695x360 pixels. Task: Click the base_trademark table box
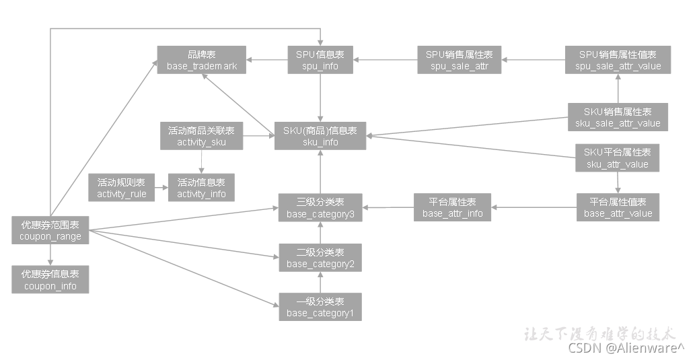pyautogui.click(x=202, y=60)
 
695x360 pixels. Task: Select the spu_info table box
pyautogui.click(x=320, y=60)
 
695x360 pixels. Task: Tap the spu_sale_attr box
pyautogui.click(x=459, y=60)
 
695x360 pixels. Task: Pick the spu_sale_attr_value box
pyautogui.click(x=618, y=60)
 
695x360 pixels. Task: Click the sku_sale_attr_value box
pyautogui.click(x=618, y=117)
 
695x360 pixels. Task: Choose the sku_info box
pyautogui.click(x=320, y=136)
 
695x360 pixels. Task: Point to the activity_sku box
pyautogui.click(x=201, y=136)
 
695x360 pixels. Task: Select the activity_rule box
pyautogui.click(x=122, y=188)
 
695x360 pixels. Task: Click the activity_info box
pyautogui.click(x=201, y=188)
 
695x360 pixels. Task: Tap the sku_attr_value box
pyautogui.click(x=618, y=158)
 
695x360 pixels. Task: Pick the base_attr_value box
pyautogui.click(x=618, y=207)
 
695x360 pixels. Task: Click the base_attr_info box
pyautogui.click(x=452, y=207)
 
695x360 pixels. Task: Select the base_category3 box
pyautogui.click(x=320, y=209)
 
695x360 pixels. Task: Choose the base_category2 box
pyautogui.click(x=320, y=258)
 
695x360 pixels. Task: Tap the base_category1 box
pyautogui.click(x=320, y=307)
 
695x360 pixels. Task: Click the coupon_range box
pyautogui.click(x=50, y=230)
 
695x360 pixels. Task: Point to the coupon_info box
pyautogui.click(x=50, y=280)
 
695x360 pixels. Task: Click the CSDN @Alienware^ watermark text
pyautogui.click(x=626, y=347)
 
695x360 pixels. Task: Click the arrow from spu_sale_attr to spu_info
pyautogui.click(x=385, y=60)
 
